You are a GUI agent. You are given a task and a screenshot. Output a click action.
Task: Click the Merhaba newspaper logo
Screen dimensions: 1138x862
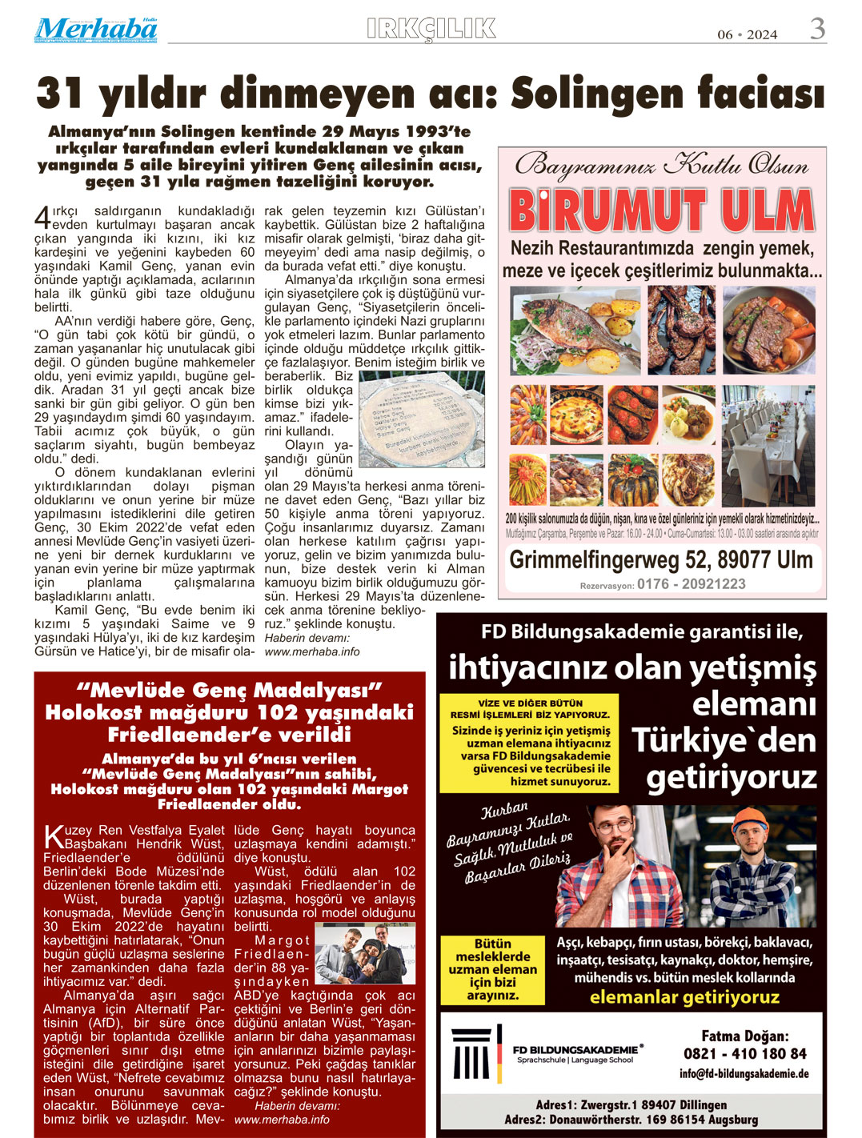coord(95,30)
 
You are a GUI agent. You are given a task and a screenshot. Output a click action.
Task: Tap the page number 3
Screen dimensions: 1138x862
coord(817,30)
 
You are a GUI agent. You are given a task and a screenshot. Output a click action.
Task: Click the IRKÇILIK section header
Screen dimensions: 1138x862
coord(431,29)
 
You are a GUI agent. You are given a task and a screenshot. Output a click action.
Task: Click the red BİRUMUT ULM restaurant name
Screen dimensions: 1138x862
coord(661,211)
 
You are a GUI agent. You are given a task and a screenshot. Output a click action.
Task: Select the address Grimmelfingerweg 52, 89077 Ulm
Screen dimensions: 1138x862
coord(661,559)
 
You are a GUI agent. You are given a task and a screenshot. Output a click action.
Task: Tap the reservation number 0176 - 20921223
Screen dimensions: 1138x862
coord(691,584)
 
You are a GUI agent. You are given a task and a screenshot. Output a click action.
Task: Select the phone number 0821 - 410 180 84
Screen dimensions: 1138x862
coord(744,1053)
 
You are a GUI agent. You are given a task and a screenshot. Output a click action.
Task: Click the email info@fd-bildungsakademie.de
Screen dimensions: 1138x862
coord(744,1074)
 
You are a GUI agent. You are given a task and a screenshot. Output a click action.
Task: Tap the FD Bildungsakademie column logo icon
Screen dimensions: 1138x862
coord(471,1053)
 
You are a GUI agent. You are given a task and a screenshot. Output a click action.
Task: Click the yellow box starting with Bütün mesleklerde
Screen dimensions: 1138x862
coord(493,970)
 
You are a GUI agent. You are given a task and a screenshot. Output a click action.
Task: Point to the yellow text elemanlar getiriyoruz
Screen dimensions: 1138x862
coord(684,997)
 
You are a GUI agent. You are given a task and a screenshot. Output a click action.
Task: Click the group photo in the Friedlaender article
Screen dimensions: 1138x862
coord(364,954)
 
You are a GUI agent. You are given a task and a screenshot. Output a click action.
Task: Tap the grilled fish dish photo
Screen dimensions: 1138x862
coord(575,329)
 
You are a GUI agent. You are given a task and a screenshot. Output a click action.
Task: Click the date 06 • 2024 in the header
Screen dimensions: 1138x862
coord(747,34)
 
